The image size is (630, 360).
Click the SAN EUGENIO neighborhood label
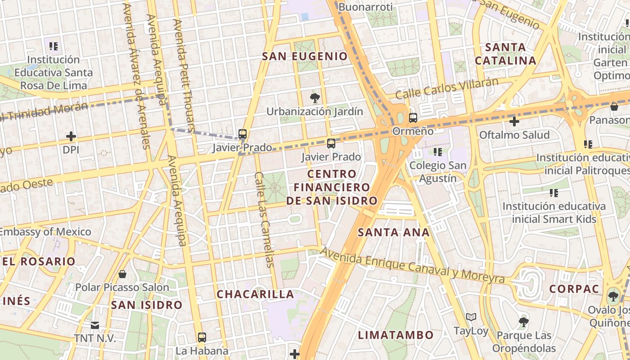(305, 56)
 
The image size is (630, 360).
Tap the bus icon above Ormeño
(413, 118)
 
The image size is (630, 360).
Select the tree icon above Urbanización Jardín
(315, 98)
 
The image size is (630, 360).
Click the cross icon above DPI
(71, 136)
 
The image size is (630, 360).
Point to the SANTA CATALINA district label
(505, 54)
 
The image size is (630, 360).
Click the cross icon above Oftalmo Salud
(514, 121)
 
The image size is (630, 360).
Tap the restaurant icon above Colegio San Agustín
(437, 152)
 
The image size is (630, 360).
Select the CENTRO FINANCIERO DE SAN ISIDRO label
(332, 187)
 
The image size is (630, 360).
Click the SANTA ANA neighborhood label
(393, 233)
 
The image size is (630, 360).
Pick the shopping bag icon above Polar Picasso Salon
(122, 274)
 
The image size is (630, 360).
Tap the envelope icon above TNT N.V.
(95, 325)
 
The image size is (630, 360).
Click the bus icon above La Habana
(202, 337)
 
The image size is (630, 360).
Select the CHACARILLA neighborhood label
(255, 294)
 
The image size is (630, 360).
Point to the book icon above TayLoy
(471, 317)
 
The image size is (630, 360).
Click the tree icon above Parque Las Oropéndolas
(523, 322)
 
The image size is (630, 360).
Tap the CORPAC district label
(573, 289)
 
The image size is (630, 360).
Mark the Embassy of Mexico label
(45, 232)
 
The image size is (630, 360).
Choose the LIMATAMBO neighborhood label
(396, 335)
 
